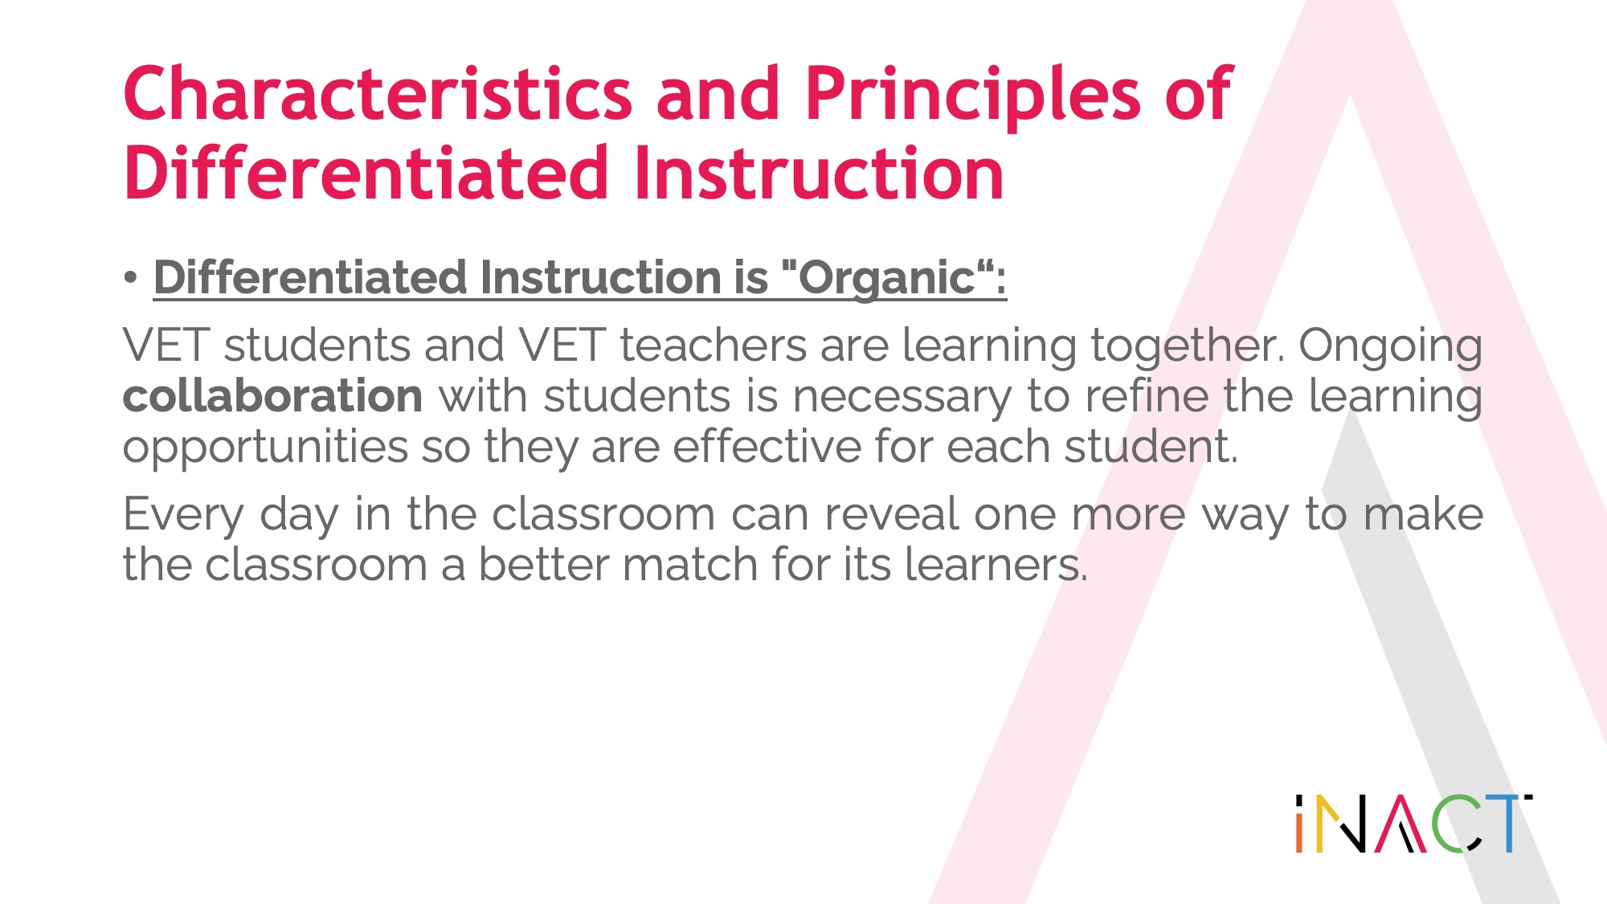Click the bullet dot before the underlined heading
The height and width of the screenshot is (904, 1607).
tap(131, 278)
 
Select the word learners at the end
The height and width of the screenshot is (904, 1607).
tap(996, 564)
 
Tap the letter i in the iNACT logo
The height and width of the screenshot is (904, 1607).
tap(1299, 824)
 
